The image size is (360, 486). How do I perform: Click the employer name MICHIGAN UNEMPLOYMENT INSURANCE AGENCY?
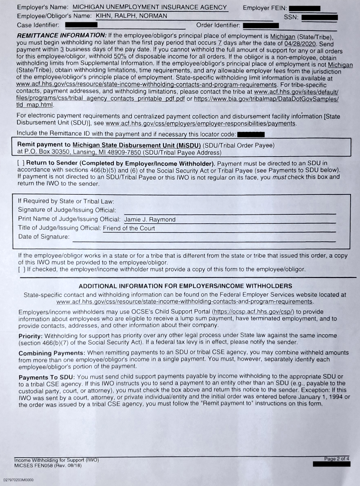[x=149, y=7]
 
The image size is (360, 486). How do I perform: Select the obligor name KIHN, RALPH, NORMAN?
[x=131, y=16]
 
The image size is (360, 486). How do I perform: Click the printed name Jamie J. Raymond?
[x=150, y=220]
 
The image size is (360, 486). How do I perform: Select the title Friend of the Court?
[x=129, y=228]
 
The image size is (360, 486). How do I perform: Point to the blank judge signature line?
[x=230, y=211]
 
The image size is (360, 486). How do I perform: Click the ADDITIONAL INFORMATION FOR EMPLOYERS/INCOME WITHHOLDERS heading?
[x=185, y=286]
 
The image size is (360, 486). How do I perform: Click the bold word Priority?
[x=31, y=336]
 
